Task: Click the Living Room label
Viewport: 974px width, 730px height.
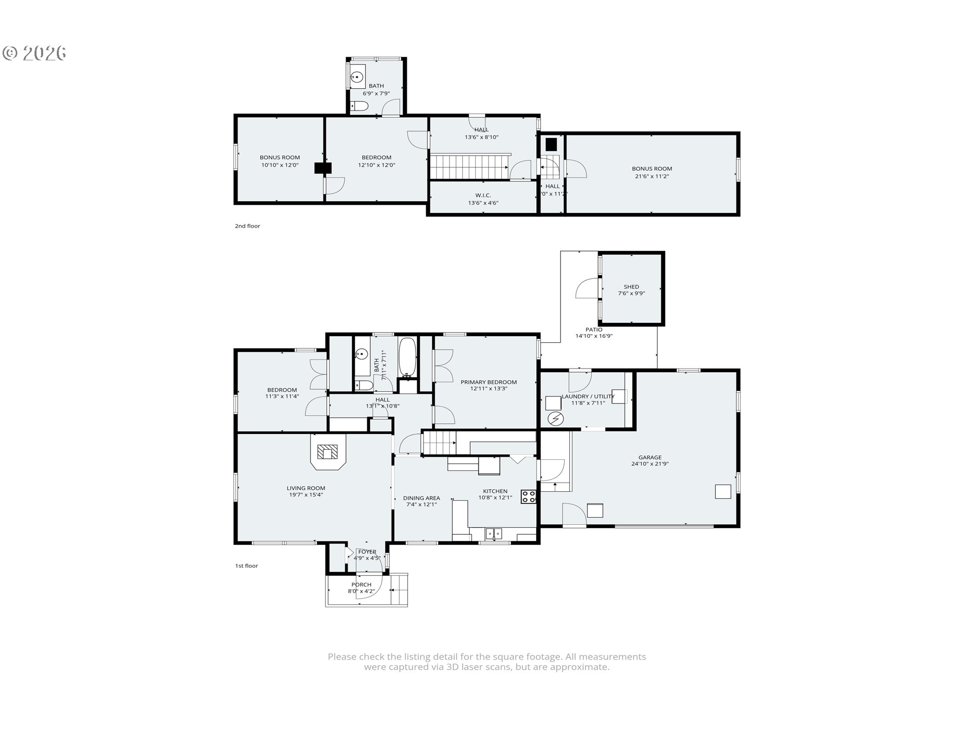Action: tap(305, 488)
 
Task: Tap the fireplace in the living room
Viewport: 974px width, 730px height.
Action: tap(328, 452)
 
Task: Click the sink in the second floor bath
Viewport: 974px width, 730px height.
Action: tap(357, 78)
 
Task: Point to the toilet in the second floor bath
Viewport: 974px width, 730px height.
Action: tap(359, 106)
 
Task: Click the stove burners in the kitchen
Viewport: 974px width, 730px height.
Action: tap(529, 496)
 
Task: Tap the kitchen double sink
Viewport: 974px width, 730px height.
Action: tap(494, 533)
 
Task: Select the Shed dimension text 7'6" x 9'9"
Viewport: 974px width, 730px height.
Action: tap(631, 294)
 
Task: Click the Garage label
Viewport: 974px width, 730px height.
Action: tap(650, 457)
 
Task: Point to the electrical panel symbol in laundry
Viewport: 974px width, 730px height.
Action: tap(555, 419)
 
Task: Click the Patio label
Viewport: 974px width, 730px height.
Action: tap(594, 330)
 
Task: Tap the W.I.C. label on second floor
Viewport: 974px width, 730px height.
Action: tap(483, 195)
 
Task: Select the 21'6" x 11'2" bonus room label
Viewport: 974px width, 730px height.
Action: tap(651, 176)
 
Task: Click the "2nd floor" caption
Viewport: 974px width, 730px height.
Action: tap(247, 226)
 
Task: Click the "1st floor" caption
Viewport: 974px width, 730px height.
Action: tap(246, 566)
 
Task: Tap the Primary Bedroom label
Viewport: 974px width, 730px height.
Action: tap(489, 382)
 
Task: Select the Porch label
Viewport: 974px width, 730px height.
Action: tap(361, 585)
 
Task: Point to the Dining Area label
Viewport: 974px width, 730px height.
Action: tap(421, 498)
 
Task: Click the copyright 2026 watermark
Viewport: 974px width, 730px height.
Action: tap(34, 53)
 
